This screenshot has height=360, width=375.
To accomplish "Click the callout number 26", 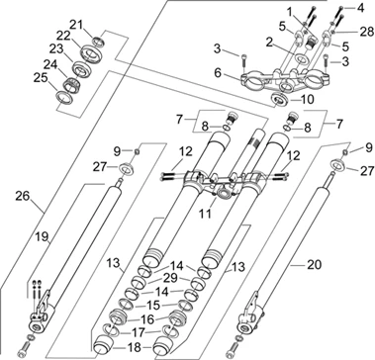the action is pyautogui.click(x=23, y=196).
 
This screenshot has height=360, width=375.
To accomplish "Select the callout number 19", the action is pyautogui.click(x=42, y=236).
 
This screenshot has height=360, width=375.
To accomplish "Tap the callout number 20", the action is pyautogui.click(x=314, y=264).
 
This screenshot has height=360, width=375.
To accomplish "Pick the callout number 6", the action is pyautogui.click(x=218, y=73).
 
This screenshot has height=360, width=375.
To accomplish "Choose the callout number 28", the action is pyautogui.click(x=367, y=32).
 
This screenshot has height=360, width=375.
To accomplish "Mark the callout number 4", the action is pyautogui.click(x=360, y=9).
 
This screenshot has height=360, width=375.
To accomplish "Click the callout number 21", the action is pyautogui.click(x=76, y=24).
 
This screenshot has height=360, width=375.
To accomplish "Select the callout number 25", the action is pyautogui.click(x=41, y=78).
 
